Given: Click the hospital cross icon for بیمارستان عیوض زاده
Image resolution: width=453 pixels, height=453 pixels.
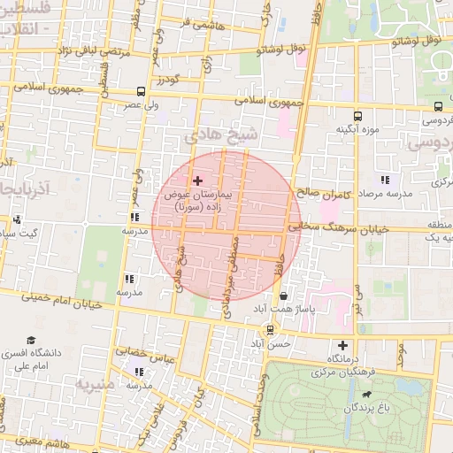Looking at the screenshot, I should point(196,180).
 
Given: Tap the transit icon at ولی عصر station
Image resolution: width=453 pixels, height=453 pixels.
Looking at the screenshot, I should point(142,91).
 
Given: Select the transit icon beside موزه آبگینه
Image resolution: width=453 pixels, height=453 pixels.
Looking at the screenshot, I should point(357,116).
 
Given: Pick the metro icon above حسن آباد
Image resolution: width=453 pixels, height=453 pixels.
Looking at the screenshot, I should point(270,329).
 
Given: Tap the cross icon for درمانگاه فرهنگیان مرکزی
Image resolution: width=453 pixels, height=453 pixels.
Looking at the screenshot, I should point(342,345).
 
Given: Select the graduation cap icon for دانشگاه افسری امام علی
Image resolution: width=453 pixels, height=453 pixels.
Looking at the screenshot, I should point(31,341).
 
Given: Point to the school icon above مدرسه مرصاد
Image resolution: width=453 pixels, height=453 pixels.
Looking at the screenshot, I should point(384,180).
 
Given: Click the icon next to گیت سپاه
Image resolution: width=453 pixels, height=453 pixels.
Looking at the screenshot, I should point(18,219).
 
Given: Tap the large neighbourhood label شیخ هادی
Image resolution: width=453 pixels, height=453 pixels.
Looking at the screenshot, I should point(223,134).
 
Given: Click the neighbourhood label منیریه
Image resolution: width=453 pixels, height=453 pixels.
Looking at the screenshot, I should point(95,385).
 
